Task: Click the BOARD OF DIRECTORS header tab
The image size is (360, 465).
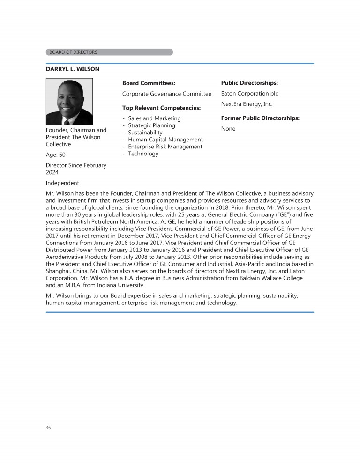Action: coord(109,52)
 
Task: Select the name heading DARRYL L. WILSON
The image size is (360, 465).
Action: coord(73,69)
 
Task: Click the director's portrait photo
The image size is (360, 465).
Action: coord(69,101)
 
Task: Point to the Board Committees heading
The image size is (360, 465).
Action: coord(149,83)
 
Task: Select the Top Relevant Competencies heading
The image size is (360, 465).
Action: coord(161,108)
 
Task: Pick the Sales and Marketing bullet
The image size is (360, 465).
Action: coord(154,118)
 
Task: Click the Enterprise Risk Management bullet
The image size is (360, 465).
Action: coord(165,147)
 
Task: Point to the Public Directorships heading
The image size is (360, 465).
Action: coord(249,83)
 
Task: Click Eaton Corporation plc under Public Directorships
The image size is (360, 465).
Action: coord(249,94)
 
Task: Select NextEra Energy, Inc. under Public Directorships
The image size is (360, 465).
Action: coord(247,104)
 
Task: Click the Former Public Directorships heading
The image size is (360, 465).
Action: coord(260,118)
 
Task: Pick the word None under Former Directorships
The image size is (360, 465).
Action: coord(228,129)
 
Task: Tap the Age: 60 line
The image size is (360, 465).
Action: coord(56,155)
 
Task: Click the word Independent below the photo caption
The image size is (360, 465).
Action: coord(62,183)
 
